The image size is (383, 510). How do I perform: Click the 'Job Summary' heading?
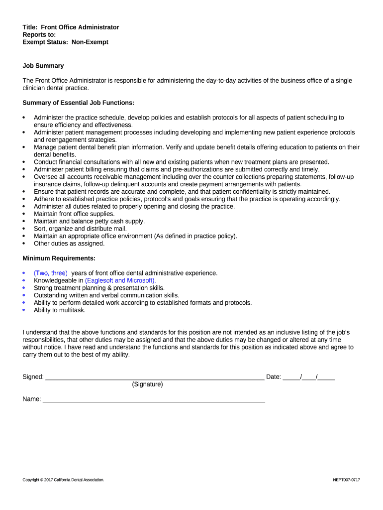[x=43, y=66]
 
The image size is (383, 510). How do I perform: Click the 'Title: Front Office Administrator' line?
[x=71, y=27]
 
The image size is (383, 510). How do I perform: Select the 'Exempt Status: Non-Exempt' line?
[x=65, y=42]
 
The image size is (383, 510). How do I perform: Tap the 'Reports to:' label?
[x=39, y=35]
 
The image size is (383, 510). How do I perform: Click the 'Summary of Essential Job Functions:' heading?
[x=79, y=103]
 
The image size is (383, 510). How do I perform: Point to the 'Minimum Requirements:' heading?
[x=59, y=258]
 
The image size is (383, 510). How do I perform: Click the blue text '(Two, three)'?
[x=51, y=273]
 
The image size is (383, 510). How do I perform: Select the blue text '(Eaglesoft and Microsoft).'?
[x=120, y=280]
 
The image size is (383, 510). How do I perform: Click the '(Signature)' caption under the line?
[x=147, y=384]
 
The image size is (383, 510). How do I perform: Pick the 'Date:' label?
[x=274, y=377]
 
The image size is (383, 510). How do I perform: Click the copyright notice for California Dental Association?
[x=63, y=480]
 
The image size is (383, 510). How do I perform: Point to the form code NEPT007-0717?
[x=346, y=480]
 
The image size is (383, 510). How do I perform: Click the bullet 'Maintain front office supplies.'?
[x=74, y=214]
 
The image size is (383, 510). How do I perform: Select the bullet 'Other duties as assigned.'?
[x=69, y=244]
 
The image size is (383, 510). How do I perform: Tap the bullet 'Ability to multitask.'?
[x=60, y=310]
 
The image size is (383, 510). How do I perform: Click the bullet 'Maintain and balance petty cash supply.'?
[x=90, y=221]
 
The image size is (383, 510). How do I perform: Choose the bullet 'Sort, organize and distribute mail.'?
[x=80, y=229]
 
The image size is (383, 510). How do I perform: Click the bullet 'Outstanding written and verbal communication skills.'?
[x=106, y=295]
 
